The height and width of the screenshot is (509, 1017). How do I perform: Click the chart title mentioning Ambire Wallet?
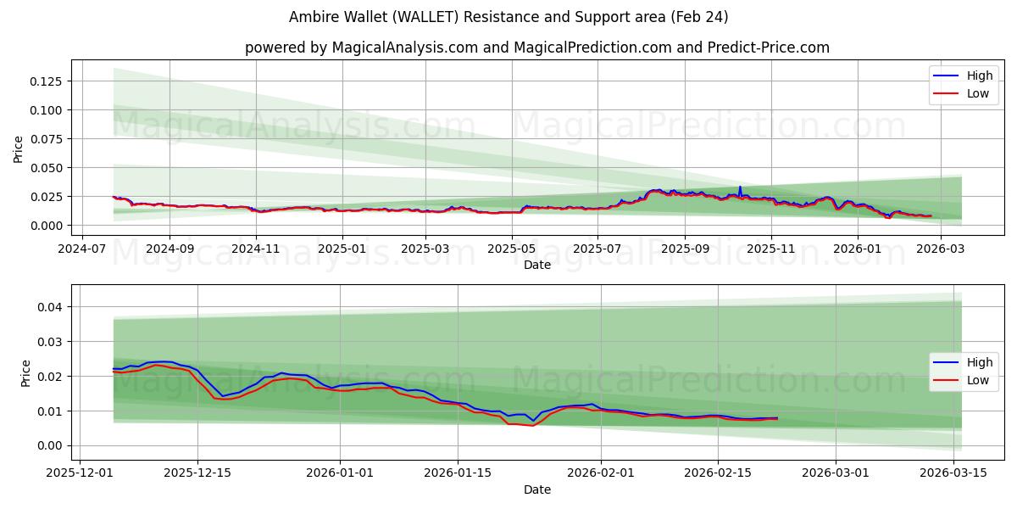click(x=508, y=17)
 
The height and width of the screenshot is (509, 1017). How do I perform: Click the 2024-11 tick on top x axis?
click(x=256, y=249)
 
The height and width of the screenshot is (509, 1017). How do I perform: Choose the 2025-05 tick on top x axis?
click(x=512, y=249)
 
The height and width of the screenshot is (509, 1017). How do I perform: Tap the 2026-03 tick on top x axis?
click(x=941, y=249)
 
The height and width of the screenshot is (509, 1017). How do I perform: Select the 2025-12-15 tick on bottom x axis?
click(x=197, y=473)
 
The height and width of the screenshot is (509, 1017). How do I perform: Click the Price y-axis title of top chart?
click(x=19, y=148)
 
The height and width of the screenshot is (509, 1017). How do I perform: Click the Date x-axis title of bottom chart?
click(x=537, y=489)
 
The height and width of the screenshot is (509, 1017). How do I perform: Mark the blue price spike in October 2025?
click(x=740, y=187)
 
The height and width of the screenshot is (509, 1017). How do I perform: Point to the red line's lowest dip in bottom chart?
click(x=532, y=425)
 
